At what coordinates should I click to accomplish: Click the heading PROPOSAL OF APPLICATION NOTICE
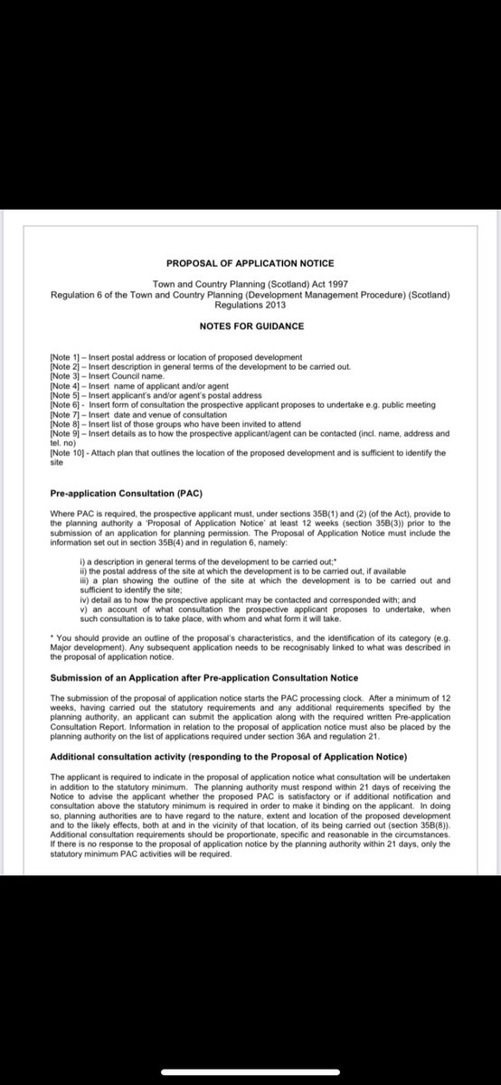click(x=250, y=263)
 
